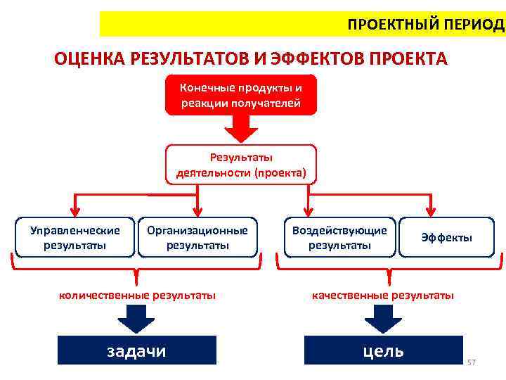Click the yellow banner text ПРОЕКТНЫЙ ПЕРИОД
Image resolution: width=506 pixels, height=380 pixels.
pyautogui.click(x=426, y=25)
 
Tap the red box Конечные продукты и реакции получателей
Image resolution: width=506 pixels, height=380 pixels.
pyautogui.click(x=241, y=95)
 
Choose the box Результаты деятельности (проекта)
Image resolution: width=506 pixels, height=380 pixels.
pyautogui.click(x=241, y=165)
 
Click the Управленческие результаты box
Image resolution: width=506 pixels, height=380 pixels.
pyautogui.click(x=74, y=238)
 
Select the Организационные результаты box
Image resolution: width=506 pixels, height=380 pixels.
pyautogui.click(x=197, y=238)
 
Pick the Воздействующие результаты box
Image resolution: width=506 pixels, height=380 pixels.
pyautogui.click(x=339, y=238)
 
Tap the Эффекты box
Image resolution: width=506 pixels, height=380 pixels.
pyautogui.click(x=446, y=238)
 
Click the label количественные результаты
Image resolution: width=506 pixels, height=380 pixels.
pyautogui.click(x=136, y=295)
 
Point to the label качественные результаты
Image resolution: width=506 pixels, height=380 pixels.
pyautogui.click(x=383, y=295)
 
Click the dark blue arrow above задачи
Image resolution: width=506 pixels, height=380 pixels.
pyautogui.click(x=136, y=321)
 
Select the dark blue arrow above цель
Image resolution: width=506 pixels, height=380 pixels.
pyautogui.click(x=382, y=321)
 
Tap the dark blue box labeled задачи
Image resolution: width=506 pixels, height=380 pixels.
pyautogui.click(x=136, y=350)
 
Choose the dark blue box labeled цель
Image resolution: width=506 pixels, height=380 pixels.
pyautogui.click(x=384, y=350)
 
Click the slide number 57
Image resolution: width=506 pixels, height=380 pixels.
pyautogui.click(x=472, y=362)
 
